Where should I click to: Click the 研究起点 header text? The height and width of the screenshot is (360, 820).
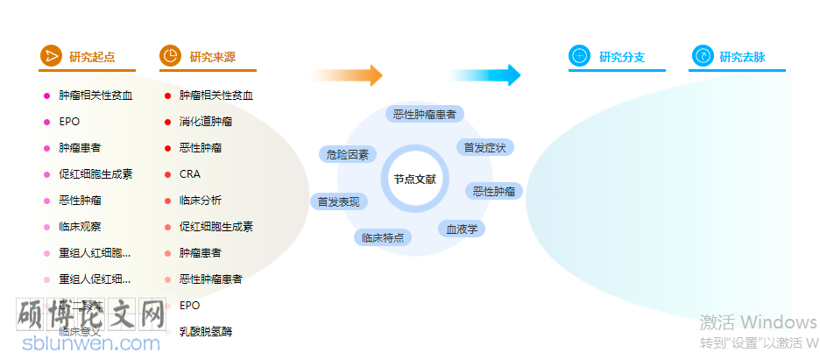click(92, 57)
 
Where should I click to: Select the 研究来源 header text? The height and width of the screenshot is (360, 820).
click(212, 57)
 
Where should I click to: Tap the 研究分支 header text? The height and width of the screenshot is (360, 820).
click(622, 57)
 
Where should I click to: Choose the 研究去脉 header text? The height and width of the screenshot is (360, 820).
click(742, 57)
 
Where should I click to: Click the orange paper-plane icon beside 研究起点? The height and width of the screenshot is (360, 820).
click(51, 56)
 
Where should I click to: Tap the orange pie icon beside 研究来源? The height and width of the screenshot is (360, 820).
click(171, 56)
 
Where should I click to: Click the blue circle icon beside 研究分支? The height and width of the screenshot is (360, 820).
click(580, 56)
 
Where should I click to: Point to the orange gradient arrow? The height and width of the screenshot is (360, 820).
click(348, 75)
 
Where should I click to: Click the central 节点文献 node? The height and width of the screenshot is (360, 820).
click(414, 179)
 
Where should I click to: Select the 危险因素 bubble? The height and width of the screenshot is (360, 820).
click(347, 154)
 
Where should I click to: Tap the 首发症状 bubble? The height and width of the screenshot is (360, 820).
click(484, 147)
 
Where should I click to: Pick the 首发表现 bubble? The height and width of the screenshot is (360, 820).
click(339, 201)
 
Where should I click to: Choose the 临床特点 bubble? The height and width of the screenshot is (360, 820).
click(383, 236)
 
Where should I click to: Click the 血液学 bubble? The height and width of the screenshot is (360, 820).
click(462, 229)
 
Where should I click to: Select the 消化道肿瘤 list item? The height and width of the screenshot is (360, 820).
click(206, 122)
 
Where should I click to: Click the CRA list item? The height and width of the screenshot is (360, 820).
click(190, 174)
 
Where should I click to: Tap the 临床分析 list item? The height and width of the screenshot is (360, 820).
click(201, 201)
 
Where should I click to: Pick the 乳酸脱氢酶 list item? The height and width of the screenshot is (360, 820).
click(206, 332)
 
